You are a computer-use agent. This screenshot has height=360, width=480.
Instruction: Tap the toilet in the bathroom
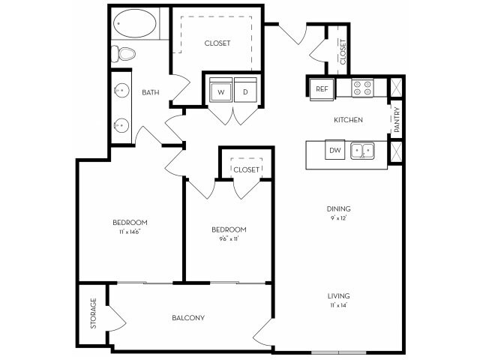tap(125, 52)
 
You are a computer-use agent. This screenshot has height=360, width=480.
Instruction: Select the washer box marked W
tap(220, 91)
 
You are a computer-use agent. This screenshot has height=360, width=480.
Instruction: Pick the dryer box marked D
tap(245, 91)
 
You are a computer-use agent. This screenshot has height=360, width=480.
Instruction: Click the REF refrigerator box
tap(322, 88)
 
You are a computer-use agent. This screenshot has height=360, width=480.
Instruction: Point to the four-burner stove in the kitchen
tap(363, 88)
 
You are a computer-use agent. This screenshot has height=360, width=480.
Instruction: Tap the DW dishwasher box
tap(334, 151)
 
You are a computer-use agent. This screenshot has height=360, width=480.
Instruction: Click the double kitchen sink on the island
tap(363, 151)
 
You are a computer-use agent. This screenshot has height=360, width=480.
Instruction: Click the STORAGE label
tap(94, 313)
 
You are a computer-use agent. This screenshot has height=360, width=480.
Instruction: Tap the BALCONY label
tap(188, 318)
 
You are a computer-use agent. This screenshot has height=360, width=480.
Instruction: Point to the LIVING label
tap(339, 296)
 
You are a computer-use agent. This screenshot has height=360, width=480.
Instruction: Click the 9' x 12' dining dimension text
tap(339, 218)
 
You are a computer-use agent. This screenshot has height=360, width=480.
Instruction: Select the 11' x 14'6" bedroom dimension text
tap(130, 232)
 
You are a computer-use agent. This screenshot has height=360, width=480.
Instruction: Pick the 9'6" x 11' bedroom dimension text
tap(229, 239)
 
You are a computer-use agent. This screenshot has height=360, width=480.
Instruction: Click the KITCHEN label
tap(348, 120)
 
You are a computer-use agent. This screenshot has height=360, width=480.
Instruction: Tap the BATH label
tap(151, 92)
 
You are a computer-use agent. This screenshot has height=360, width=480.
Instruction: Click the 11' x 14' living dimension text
tap(339, 306)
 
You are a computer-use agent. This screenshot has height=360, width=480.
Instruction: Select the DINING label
tap(339, 208)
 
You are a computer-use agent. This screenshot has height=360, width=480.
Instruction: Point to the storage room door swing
tap(117, 318)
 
